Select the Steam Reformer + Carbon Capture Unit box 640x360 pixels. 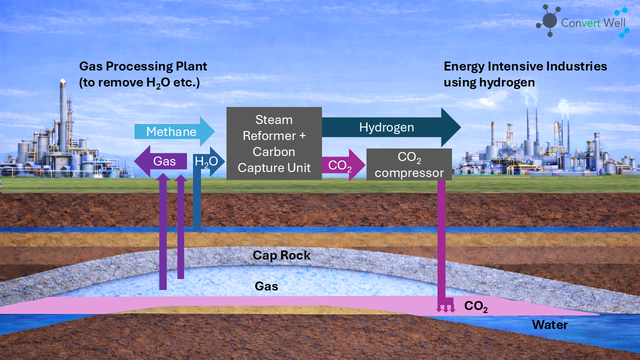coord(274,143)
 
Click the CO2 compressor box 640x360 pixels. coord(409,164)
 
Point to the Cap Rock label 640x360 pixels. coord(281,255)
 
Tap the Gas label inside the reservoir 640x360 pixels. coord(266,286)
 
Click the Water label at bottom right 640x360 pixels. coord(549,325)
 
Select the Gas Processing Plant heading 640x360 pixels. coord(143,66)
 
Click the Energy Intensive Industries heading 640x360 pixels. coord(525,66)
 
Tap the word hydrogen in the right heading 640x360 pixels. coord(510,82)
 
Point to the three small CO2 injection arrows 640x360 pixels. coord(445,307)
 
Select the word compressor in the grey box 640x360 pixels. coord(409,173)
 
